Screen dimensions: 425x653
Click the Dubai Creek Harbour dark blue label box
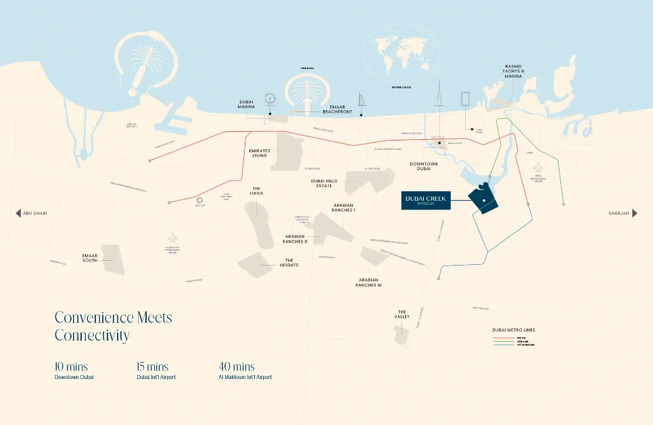pos(431,200)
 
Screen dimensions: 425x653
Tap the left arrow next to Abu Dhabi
pos(18,213)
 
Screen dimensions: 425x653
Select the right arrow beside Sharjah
pos(634,213)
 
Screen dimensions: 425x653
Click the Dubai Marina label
pos(246,105)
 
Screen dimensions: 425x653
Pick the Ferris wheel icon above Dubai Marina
pos(270,99)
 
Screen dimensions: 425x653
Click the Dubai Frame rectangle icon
pos(466,99)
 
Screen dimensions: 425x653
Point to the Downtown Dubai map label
pos(424,167)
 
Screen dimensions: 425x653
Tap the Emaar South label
pos(90,257)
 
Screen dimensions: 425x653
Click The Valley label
pos(402,314)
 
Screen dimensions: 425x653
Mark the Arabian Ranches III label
pos(368,282)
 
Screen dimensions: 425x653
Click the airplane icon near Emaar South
pos(172,238)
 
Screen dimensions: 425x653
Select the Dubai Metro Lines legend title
pos(514,330)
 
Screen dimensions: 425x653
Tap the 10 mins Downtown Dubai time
pos(71,367)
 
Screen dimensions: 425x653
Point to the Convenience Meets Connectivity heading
pos(113,326)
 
